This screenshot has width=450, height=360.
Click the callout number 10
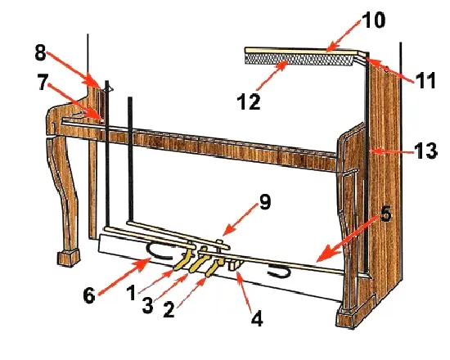point(373,20)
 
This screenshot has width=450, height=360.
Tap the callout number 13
point(425,151)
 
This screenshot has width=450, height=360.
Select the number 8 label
point(40,52)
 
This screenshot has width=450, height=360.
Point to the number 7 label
point(43,82)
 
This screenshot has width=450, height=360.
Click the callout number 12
point(249,101)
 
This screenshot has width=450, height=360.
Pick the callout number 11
point(425,80)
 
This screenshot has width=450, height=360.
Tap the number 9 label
point(264,202)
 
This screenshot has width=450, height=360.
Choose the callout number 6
point(89,295)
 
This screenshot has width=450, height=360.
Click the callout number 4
point(257,318)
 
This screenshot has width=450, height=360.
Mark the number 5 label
point(386,214)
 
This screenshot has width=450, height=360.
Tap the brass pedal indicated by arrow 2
point(214,266)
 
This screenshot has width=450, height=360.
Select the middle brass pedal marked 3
point(199,262)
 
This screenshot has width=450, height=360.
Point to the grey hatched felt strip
point(299,60)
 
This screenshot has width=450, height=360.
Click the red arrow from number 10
point(344,36)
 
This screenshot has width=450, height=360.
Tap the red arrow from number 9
point(240,219)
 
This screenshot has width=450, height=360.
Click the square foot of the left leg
point(69,258)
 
